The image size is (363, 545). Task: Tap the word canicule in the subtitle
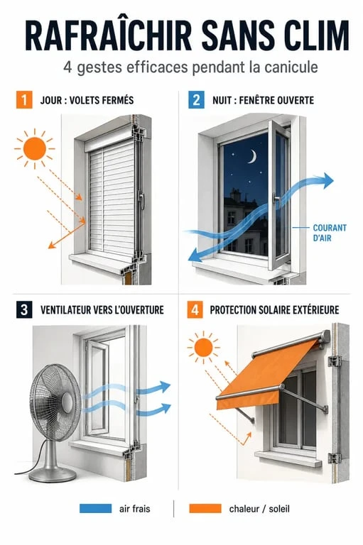(291, 67)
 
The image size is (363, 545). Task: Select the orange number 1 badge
(24, 100)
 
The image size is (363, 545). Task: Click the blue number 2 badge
(196, 100)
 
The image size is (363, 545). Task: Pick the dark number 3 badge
(24, 309)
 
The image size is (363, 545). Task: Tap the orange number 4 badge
(195, 309)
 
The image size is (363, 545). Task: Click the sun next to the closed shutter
(35, 148)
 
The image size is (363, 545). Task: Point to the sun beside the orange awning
(203, 347)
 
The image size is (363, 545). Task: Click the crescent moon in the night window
(252, 156)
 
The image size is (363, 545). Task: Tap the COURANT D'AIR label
(330, 233)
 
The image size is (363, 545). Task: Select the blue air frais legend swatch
(96, 509)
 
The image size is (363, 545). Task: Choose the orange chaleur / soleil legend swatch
(205, 509)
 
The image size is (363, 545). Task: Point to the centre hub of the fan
(67, 403)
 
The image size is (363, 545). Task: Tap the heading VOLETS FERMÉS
(102, 100)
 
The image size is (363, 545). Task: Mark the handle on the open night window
(276, 199)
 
